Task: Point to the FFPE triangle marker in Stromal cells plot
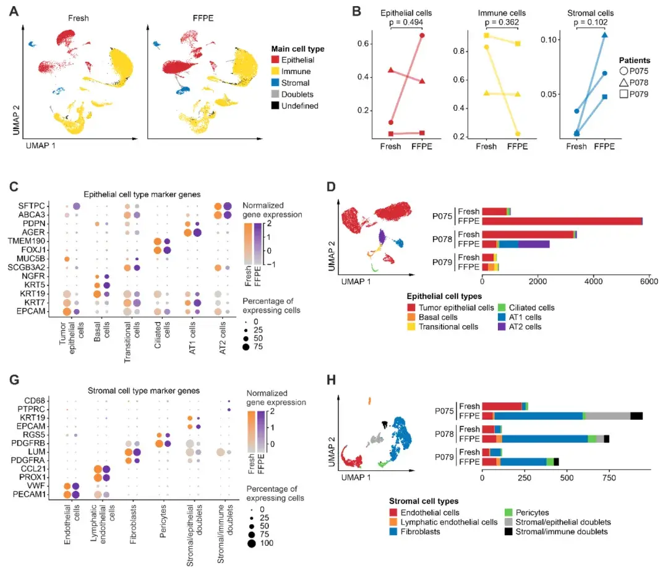(x=604, y=35)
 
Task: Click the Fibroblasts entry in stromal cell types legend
(x=420, y=532)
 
